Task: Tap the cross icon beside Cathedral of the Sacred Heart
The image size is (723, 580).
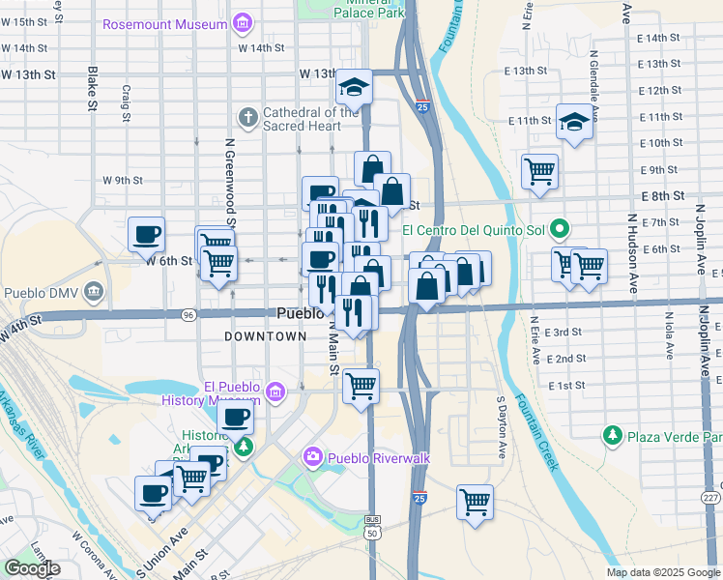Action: pos(247,118)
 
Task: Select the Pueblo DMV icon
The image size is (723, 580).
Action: pos(94,291)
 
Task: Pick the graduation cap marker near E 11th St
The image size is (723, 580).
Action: pos(574,122)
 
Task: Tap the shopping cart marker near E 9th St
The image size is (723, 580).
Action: pos(539,171)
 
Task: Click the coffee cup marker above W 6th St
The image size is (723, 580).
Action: pos(146,234)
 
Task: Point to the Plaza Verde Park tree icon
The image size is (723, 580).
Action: pos(612,436)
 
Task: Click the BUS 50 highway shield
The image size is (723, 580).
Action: pos(372,527)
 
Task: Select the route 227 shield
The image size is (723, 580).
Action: pos(711,498)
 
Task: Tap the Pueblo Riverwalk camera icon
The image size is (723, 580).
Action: pos(312,456)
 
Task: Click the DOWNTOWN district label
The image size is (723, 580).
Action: pos(265,336)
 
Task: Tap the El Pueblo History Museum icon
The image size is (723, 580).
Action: pos(275,392)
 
